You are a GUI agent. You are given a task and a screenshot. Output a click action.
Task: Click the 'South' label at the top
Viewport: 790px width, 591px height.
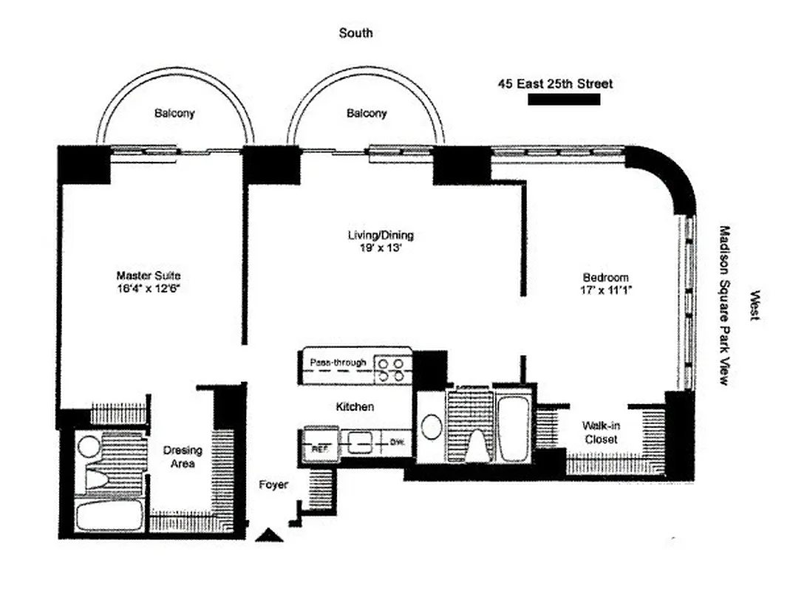pos(355,33)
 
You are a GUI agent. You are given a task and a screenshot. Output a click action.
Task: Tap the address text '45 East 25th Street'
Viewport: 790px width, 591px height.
pos(555,84)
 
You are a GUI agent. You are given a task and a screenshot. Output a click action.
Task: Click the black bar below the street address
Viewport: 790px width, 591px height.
pos(563,100)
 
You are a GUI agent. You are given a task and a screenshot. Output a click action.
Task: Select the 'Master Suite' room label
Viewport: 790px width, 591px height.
pos(149,276)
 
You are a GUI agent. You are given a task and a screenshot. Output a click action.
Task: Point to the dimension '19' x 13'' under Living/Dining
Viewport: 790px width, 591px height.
pos(381,248)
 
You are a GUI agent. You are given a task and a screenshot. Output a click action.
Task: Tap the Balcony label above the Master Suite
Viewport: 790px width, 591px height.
pos(174,113)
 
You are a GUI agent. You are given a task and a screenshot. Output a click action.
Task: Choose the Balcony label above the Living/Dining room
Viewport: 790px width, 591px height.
pos(367,113)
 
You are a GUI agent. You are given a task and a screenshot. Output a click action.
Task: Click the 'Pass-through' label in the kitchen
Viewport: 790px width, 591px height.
pos(336,363)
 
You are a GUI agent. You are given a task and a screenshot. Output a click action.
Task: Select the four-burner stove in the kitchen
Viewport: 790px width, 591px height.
pos(392,369)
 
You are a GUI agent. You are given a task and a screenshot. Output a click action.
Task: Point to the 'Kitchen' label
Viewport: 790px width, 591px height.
pos(355,406)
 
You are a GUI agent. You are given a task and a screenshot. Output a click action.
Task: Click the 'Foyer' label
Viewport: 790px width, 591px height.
pos(273,485)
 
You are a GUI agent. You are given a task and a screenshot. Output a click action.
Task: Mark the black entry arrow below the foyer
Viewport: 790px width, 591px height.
pos(269,535)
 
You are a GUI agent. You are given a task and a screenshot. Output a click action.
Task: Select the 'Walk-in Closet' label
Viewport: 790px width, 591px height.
pos(599,432)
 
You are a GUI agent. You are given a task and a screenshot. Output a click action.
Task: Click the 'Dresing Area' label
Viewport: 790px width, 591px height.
pos(183,457)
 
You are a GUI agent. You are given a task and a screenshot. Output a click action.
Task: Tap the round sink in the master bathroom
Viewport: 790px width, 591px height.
pos(89,445)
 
